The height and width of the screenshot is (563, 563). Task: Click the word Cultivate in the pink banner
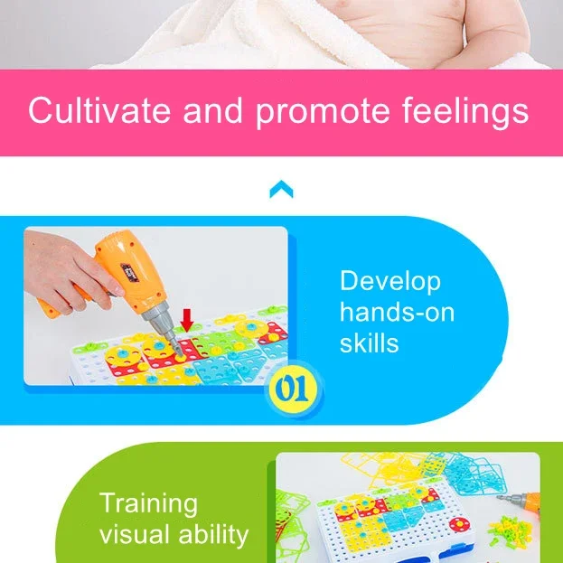coord(99,110)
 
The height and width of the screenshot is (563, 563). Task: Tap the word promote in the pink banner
coord(323,113)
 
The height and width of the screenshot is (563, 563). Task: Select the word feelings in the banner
coord(465,112)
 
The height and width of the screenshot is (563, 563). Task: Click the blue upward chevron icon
coord(282,189)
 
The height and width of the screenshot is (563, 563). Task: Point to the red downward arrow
coord(187,320)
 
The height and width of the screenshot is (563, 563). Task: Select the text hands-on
coord(397,312)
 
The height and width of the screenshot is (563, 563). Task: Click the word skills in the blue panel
coord(369,342)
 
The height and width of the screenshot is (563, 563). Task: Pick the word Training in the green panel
coord(148,503)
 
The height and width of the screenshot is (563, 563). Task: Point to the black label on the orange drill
coord(129,273)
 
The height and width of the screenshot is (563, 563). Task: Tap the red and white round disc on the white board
coord(459,524)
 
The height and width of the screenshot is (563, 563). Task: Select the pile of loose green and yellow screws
coord(510,529)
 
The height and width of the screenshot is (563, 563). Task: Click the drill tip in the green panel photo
coord(500,497)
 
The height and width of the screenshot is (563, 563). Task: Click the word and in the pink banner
coord(213,110)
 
